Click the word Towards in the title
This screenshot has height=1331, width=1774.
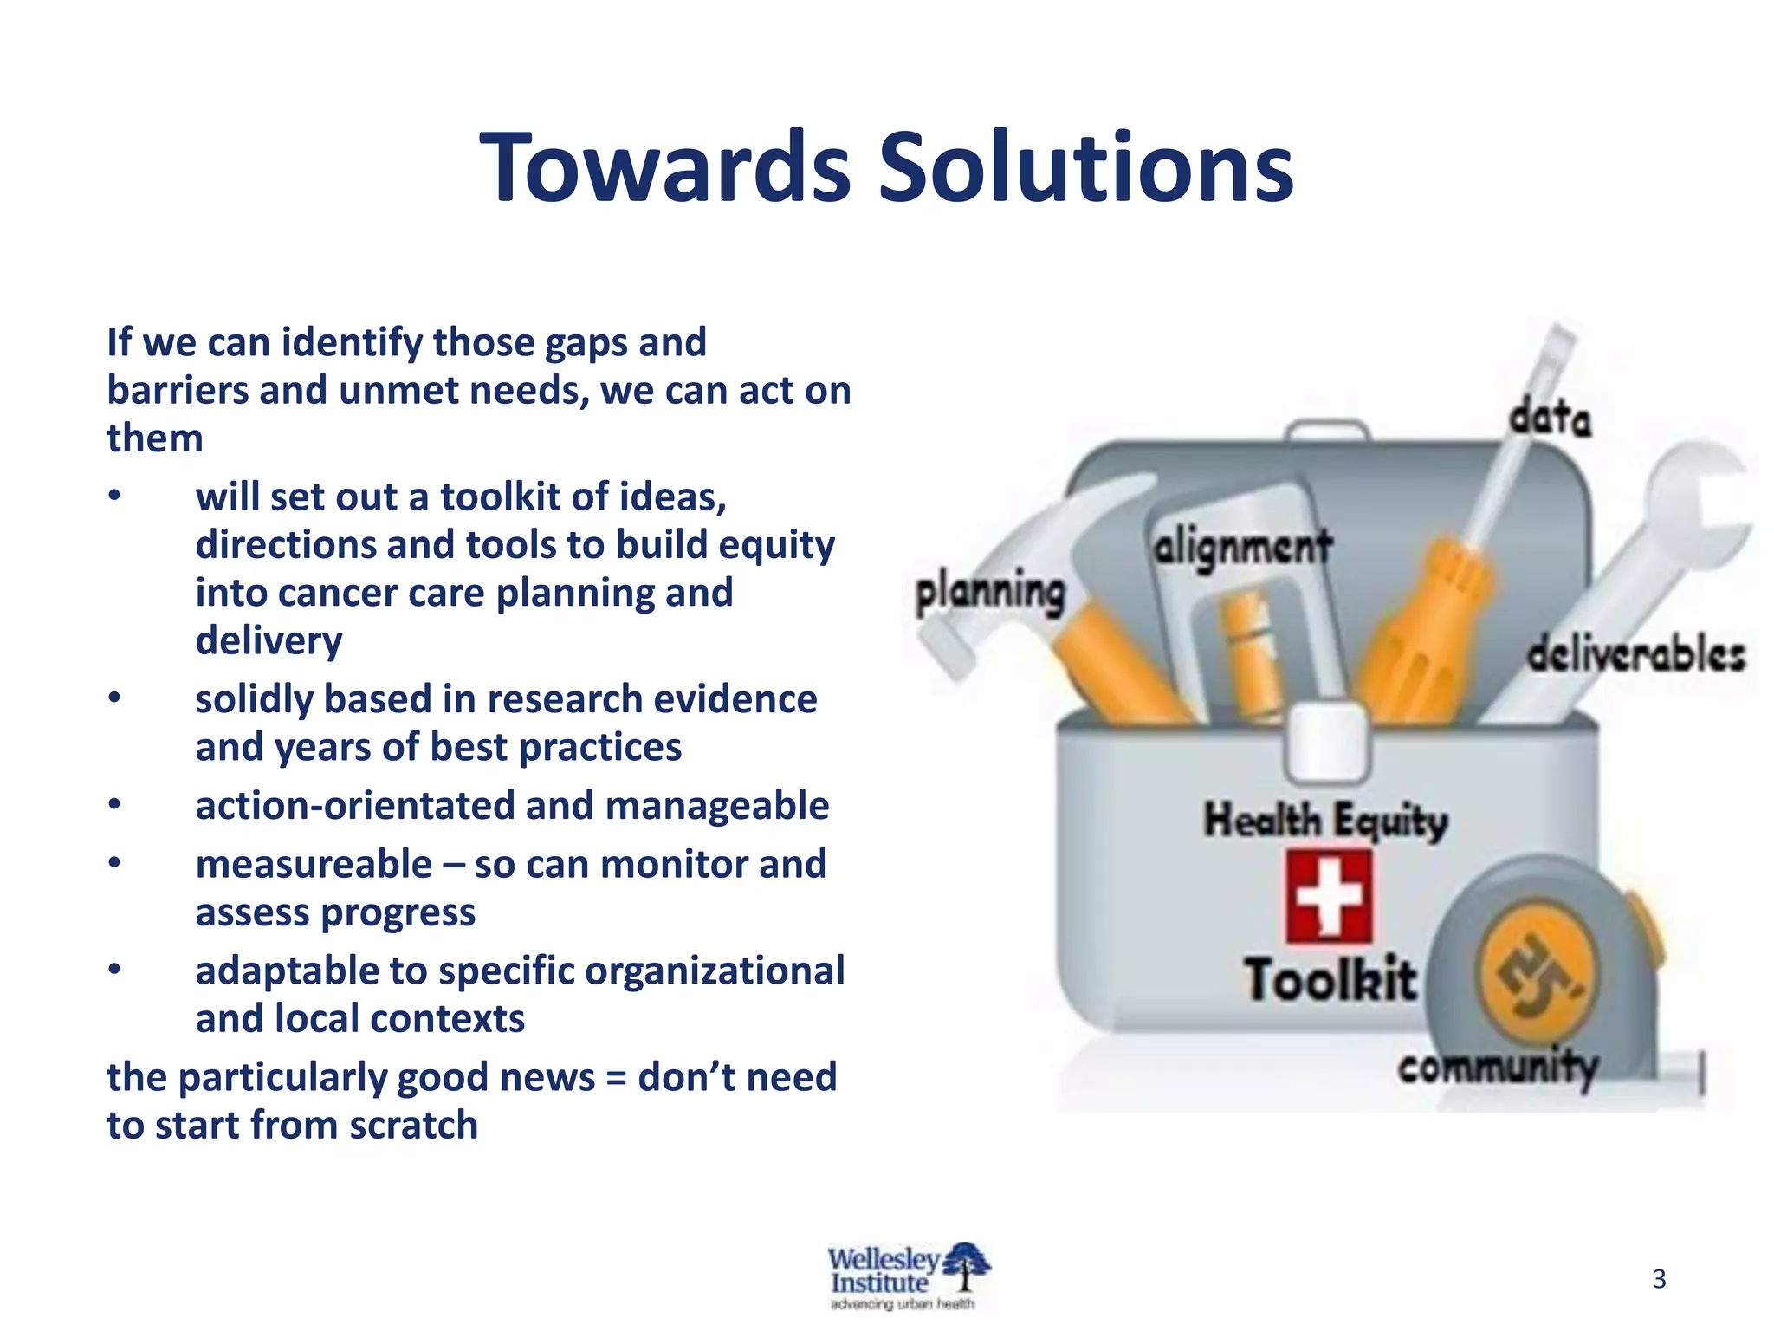pyautogui.click(x=665, y=167)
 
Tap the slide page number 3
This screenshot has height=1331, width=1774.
pyautogui.click(x=1659, y=1279)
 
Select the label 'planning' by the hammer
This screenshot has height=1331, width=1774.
pyautogui.click(x=990, y=594)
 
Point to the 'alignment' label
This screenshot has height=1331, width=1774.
pyautogui.click(x=1242, y=549)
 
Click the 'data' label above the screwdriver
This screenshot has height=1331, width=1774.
pyautogui.click(x=1550, y=418)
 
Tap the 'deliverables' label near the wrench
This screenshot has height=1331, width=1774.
pyautogui.click(x=1635, y=654)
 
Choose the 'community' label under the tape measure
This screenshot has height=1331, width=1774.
pyautogui.click(x=1498, y=1067)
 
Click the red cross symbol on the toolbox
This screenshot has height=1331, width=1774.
pyautogui.click(x=1328, y=896)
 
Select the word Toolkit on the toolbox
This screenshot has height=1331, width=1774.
pyautogui.click(x=1330, y=979)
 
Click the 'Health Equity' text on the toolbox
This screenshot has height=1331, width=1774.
pyautogui.click(x=1325, y=820)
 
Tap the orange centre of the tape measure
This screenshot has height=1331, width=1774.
pyautogui.click(x=1538, y=971)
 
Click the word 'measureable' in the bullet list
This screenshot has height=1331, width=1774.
pyautogui.click(x=314, y=865)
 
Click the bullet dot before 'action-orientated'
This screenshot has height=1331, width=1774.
pyautogui.click(x=114, y=805)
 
